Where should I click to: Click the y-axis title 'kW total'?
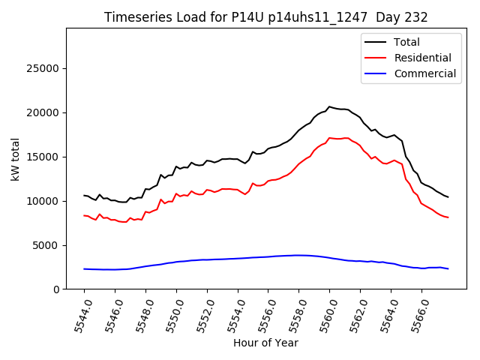[x=16, y=159]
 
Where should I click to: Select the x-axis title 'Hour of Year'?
[x=265, y=343]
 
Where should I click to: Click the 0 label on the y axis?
[x=57, y=289]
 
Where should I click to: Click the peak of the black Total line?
[x=329, y=106]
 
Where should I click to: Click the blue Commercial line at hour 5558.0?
[x=298, y=255]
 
